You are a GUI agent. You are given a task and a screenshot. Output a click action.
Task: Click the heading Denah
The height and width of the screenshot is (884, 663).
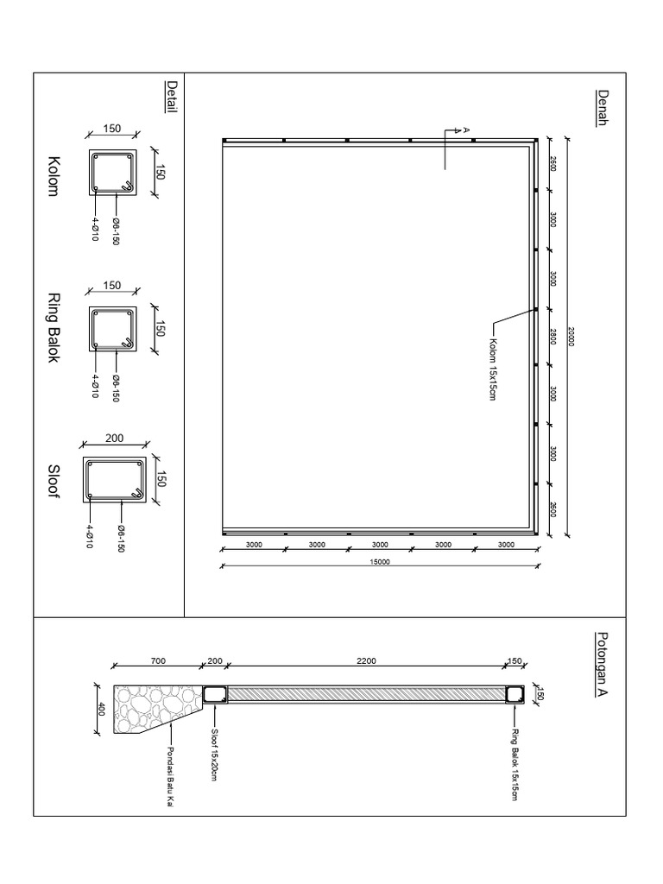click(603, 108)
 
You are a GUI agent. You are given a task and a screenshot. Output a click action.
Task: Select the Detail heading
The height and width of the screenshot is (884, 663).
click(172, 97)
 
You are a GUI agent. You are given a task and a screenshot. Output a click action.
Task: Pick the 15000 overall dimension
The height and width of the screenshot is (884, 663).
click(380, 562)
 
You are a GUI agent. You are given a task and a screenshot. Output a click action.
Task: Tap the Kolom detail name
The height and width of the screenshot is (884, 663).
click(54, 176)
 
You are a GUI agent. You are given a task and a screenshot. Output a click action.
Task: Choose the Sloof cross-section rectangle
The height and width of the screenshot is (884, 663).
click(114, 480)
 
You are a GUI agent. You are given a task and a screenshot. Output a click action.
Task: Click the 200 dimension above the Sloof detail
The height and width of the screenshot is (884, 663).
click(115, 439)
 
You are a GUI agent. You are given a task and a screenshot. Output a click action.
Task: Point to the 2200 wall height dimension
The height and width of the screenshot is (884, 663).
click(364, 661)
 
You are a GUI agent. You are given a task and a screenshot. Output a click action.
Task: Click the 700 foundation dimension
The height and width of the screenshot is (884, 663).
click(156, 661)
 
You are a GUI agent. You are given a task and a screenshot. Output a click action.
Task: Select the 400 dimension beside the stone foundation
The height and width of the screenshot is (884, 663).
click(101, 710)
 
